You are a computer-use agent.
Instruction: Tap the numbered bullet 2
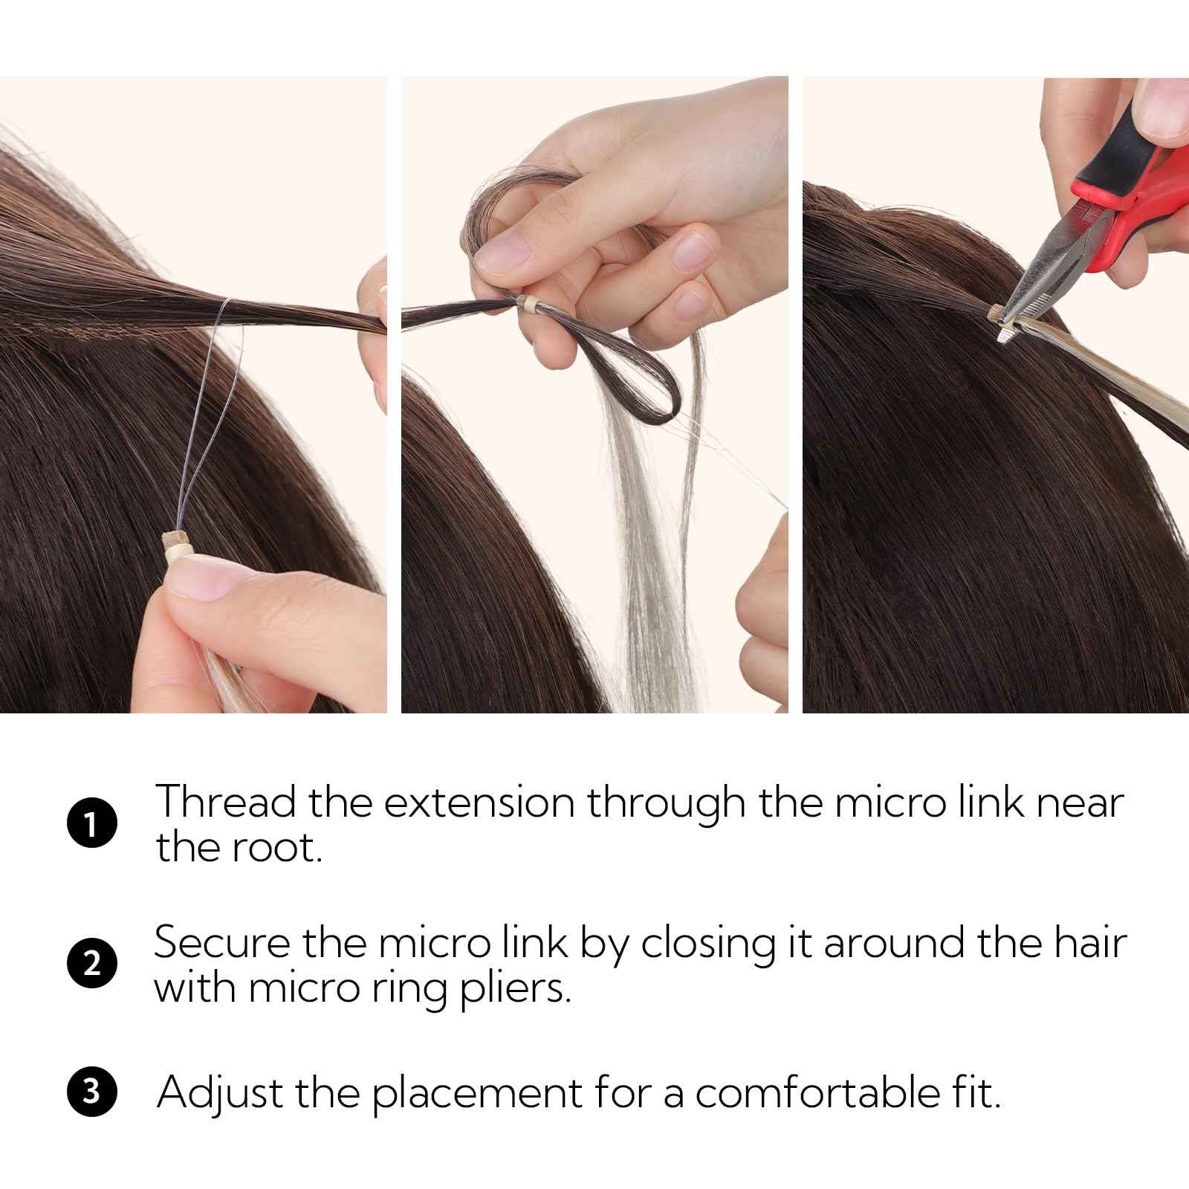tap(91, 964)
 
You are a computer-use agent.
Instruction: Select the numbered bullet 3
tap(91, 1094)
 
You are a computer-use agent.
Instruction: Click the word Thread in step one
tap(226, 803)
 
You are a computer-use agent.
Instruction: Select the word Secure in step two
tap(221, 943)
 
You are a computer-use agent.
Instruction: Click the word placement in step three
tap(476, 1094)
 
